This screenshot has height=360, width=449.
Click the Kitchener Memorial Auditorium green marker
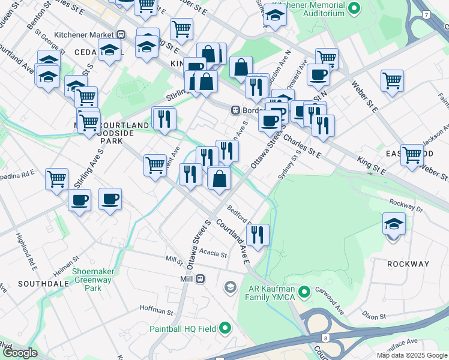click(354, 8)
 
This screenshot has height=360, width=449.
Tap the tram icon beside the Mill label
click(200, 279)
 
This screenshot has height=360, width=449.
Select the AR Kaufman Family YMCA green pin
click(304, 292)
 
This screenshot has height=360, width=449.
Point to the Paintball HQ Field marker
click(225, 328)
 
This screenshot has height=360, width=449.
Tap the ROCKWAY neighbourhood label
click(408, 264)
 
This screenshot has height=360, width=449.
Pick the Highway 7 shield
click(426, 13)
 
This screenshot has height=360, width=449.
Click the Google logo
click(20, 353)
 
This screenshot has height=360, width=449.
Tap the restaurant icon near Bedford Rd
click(258, 235)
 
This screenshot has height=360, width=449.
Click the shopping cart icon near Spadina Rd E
click(56, 178)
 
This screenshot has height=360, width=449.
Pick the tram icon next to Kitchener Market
click(121, 35)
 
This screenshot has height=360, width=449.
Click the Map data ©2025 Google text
click(411, 355)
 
